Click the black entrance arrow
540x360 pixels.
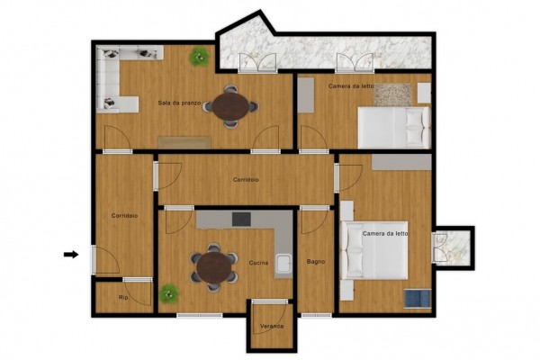coord(71,255)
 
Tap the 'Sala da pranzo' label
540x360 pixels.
coord(179,103)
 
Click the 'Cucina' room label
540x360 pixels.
coord(258,263)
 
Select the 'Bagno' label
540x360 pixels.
coord(316,262)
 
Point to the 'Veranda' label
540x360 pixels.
coord(272,326)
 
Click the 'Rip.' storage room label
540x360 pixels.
coord(123,297)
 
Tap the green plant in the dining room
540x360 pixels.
coord(200,57)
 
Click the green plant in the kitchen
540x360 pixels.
coord(169,293)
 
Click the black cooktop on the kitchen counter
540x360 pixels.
coord(241,219)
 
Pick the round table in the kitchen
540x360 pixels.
coord(214,268)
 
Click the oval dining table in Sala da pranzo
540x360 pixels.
coord(230,106)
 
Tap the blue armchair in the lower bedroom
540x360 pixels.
coord(418,298)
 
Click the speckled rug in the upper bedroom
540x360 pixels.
coord(392,94)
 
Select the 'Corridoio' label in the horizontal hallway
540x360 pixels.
coord(246,180)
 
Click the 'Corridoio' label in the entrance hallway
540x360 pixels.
coord(124,216)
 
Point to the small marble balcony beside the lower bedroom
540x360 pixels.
coord(454,248)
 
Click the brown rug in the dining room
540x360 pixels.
coord(184,142)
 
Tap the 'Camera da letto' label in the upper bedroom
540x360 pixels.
coord(351,86)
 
